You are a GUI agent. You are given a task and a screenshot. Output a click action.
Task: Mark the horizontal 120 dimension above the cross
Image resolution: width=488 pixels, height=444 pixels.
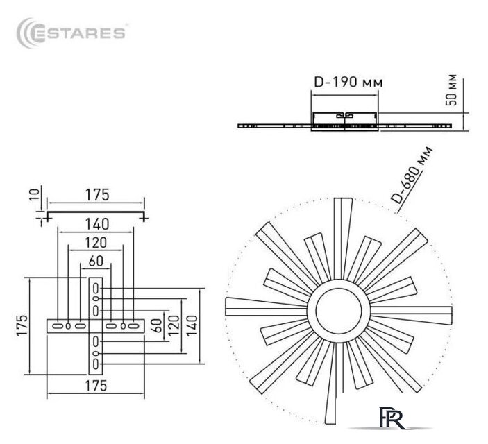coord(96,243)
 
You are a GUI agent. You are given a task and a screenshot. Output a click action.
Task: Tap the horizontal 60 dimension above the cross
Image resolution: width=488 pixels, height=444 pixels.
coord(96,262)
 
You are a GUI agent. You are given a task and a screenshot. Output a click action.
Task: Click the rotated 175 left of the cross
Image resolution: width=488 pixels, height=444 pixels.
coord(22,325)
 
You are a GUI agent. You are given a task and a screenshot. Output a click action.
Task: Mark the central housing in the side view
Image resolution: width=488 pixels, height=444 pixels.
coord(346,120)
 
